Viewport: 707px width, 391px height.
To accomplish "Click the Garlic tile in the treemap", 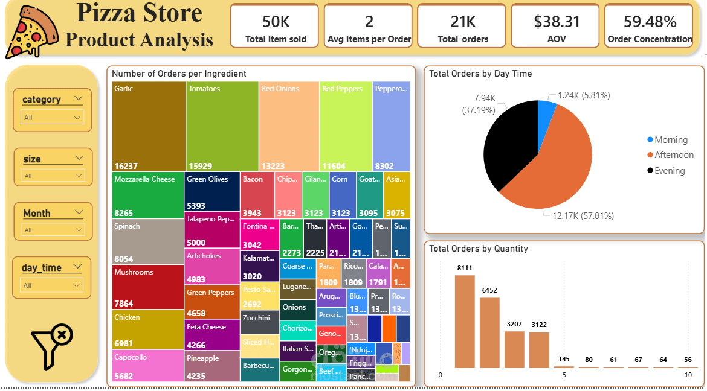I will [149, 126].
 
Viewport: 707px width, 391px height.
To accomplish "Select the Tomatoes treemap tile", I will [222, 126].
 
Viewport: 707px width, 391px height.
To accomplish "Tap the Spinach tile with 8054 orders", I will [148, 241].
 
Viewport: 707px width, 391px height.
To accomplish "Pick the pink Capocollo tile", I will [148, 366].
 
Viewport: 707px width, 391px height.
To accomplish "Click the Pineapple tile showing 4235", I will [212, 366].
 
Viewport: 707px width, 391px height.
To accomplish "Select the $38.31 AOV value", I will [557, 22].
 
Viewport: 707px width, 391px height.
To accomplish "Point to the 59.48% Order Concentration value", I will [650, 22].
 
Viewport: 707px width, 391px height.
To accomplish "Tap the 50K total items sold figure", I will [276, 22].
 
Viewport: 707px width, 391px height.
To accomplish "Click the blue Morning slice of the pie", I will [546, 109].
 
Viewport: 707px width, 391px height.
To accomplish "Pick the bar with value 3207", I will [514, 349].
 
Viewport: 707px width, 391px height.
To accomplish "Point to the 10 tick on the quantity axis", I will [688, 375].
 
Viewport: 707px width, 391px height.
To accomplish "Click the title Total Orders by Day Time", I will [480, 74].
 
